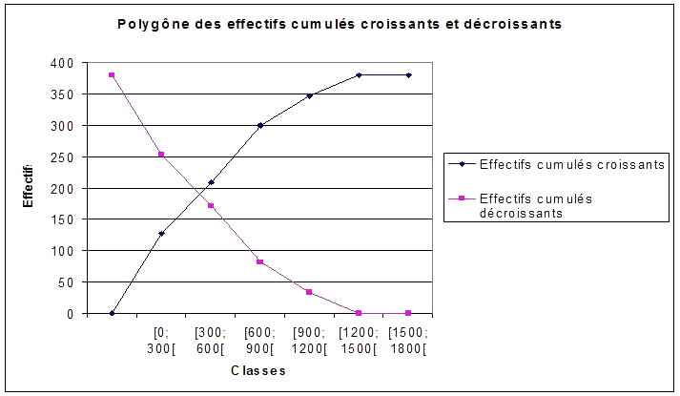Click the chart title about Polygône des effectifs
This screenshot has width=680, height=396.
pos(339,24)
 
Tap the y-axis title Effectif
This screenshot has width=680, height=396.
pos(29,188)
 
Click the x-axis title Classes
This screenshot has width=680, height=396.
pos(258,370)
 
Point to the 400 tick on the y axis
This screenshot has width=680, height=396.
pos(62,63)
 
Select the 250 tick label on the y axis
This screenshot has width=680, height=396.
pos(62,156)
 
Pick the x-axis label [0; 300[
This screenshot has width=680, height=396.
pos(161,340)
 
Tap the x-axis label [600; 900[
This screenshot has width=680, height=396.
pos(259,340)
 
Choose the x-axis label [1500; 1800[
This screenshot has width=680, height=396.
pos(408,340)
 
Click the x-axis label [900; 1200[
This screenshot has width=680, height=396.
pos(309,340)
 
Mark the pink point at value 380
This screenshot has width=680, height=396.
pos(112,75)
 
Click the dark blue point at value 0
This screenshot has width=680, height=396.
pos(112,313)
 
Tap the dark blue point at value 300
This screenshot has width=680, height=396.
pos(260,125)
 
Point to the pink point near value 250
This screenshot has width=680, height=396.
pos(161,155)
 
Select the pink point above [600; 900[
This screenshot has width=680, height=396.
pos(260,261)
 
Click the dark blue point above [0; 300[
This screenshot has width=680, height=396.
pos(161,234)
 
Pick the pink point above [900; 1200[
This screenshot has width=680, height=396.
pos(310,292)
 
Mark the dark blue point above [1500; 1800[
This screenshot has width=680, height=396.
pos(408,75)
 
